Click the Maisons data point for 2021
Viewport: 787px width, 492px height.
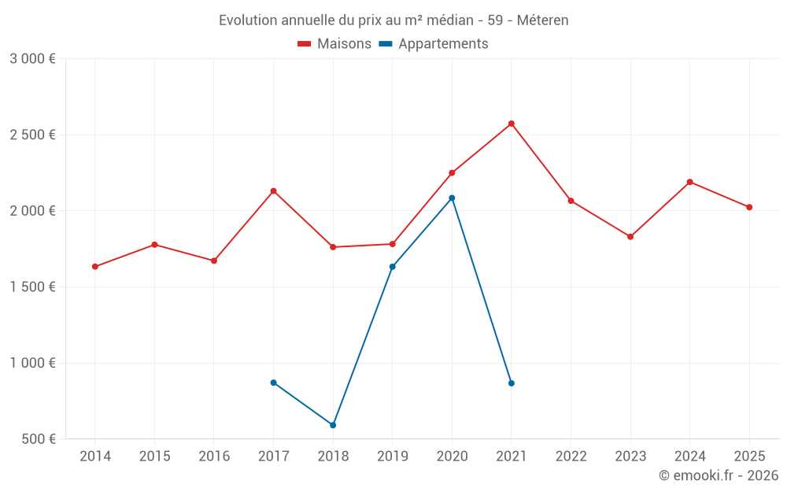[512, 124]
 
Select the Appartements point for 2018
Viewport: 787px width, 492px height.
[333, 425]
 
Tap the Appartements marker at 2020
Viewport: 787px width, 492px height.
[452, 198]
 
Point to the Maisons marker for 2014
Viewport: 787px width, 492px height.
[95, 267]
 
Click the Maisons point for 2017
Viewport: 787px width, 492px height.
[273, 191]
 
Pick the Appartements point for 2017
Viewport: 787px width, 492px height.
[273, 383]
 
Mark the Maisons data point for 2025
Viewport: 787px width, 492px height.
[749, 207]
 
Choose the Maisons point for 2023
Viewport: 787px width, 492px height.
[630, 237]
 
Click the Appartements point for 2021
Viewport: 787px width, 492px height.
[512, 383]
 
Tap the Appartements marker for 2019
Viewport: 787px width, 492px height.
[393, 267]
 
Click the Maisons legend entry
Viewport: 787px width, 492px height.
[334, 44]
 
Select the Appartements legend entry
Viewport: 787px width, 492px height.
[434, 44]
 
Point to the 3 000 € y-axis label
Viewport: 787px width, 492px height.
[32, 59]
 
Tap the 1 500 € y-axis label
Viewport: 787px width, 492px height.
[32, 287]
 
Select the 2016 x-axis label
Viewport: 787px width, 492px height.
[214, 457]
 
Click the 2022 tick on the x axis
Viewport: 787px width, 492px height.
[571, 457]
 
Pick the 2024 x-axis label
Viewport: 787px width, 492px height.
[689, 457]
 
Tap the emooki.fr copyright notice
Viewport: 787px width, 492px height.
[718, 475]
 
